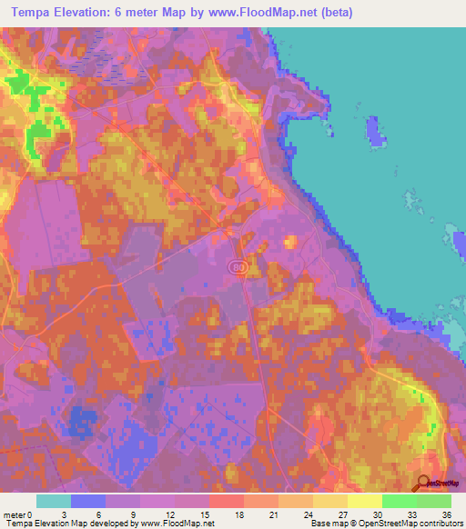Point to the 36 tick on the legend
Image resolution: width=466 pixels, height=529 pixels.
pos(445,514)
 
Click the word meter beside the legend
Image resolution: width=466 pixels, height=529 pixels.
pos(15,514)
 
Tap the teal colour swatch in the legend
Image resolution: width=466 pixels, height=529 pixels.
pos(54,501)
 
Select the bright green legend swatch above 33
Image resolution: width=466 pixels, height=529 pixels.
pos(400,501)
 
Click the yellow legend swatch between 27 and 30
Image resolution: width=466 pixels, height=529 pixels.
pos(365,501)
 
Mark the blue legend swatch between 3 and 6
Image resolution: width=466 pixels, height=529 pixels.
pos(88,501)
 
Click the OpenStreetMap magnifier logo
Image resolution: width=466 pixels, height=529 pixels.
pos(421,484)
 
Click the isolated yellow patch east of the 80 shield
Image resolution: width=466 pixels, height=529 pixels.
pos(290,241)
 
